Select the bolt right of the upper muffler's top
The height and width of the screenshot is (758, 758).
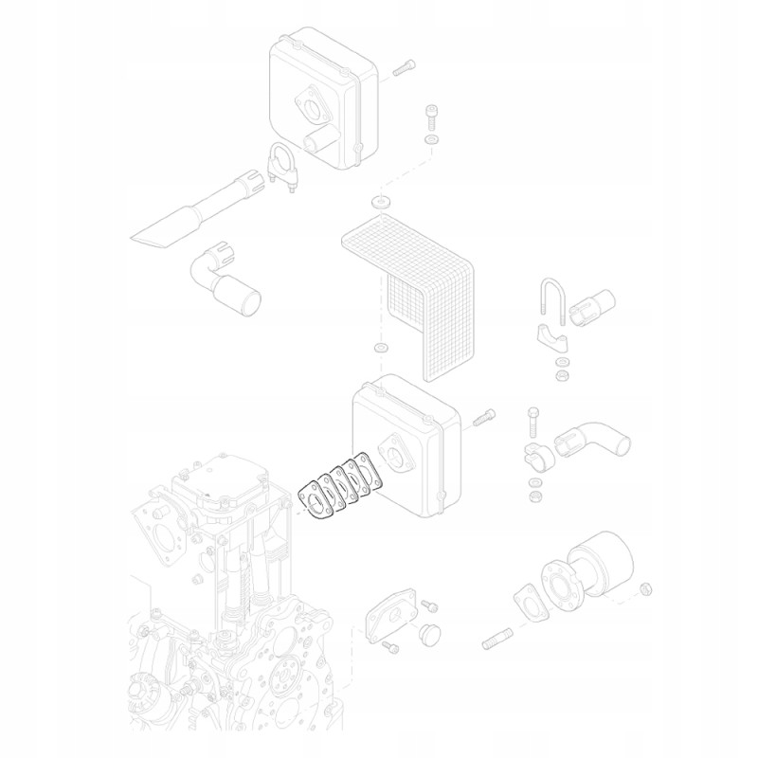pyautogui.click(x=403, y=68)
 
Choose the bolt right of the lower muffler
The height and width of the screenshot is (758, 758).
pyautogui.click(x=483, y=416)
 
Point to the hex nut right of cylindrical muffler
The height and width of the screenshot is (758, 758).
pyautogui.click(x=646, y=589)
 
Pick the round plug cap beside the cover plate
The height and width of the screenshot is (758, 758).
pyautogui.click(x=431, y=632)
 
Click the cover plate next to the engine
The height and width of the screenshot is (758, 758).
pyautogui.click(x=388, y=616)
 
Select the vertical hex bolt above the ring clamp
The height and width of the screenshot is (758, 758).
pyautogui.click(x=534, y=420)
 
